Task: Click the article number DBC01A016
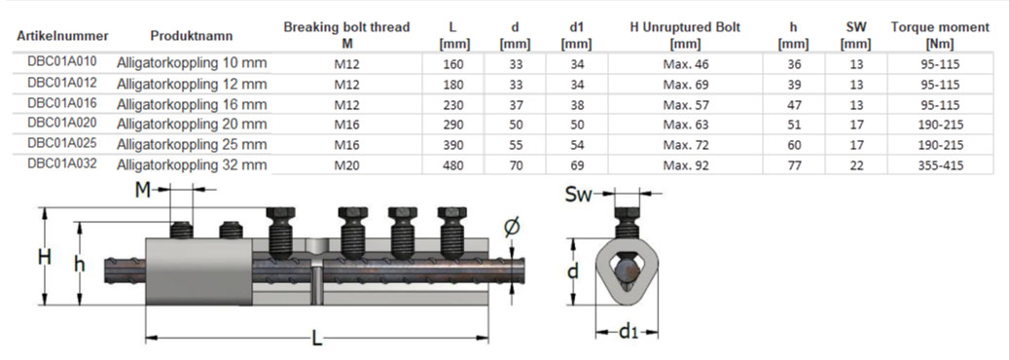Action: pos(61,102)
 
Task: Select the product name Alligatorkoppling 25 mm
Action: pos(191,144)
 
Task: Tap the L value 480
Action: pos(453,165)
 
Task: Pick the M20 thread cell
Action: pos(346,165)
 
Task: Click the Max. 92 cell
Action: pos(685,165)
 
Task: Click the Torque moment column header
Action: pos(940,35)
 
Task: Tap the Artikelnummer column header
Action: pos(62,35)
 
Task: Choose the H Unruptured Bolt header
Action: pos(685,35)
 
